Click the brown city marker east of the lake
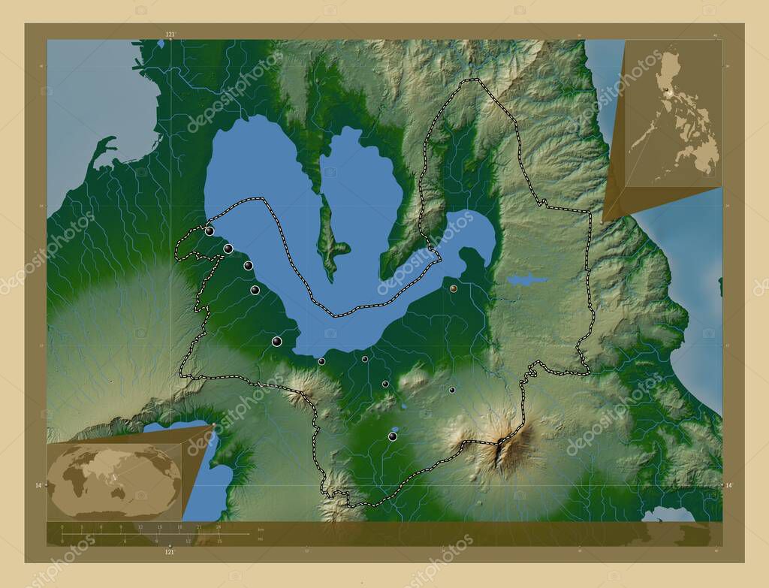tap(454, 288)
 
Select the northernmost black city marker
tap(209, 231)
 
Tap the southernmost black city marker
tap(392, 436)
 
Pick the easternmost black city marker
tap(451, 390)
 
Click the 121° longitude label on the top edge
tap(170, 35)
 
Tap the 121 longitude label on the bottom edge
tap(170, 552)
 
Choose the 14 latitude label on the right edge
tap(728, 486)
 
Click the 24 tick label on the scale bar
tap(219, 527)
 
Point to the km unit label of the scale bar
tap(260, 529)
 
